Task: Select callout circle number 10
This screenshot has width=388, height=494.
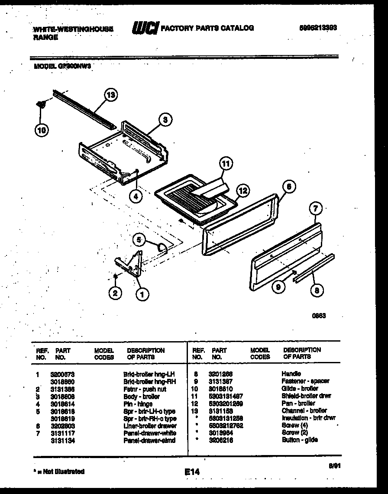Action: pyautogui.click(x=42, y=129)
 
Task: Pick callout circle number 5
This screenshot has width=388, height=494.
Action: pyautogui.click(x=139, y=239)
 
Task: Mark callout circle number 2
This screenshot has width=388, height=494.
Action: pyautogui.click(x=115, y=294)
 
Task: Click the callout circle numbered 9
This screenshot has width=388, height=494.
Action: pyautogui.click(x=279, y=286)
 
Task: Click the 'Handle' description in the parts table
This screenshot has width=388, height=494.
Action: pyautogui.click(x=291, y=373)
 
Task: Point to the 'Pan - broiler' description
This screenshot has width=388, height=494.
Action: pyautogui.click(x=299, y=403)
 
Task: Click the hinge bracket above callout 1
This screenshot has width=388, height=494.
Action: pyautogui.click(x=131, y=265)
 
